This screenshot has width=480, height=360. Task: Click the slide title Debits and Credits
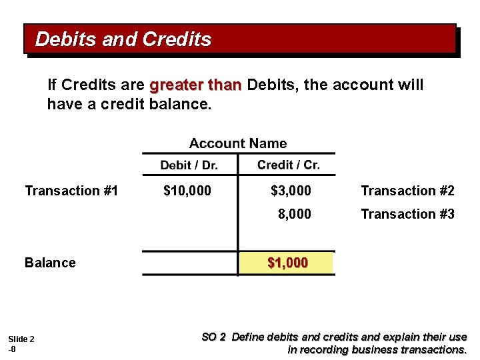(123, 39)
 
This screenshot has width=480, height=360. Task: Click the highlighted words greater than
(195, 86)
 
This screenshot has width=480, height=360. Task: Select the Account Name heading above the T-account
(238, 143)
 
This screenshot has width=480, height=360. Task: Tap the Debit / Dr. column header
(189, 165)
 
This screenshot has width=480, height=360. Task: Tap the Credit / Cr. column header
(288, 165)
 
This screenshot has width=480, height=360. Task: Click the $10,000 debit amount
(187, 191)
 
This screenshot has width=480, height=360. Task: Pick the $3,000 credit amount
(291, 191)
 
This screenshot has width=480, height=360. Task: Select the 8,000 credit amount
(294, 214)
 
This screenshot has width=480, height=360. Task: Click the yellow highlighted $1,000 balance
(287, 263)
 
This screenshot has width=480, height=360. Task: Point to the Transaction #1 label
(71, 191)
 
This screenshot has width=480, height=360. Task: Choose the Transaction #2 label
(407, 191)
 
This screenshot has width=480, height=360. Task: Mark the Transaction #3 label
(407, 214)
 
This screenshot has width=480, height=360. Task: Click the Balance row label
(50, 263)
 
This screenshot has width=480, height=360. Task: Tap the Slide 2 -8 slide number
(21, 344)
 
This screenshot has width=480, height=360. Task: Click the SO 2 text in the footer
(213, 337)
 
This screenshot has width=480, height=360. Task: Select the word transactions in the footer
(433, 349)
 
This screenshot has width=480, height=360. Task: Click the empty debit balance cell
(190, 263)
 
